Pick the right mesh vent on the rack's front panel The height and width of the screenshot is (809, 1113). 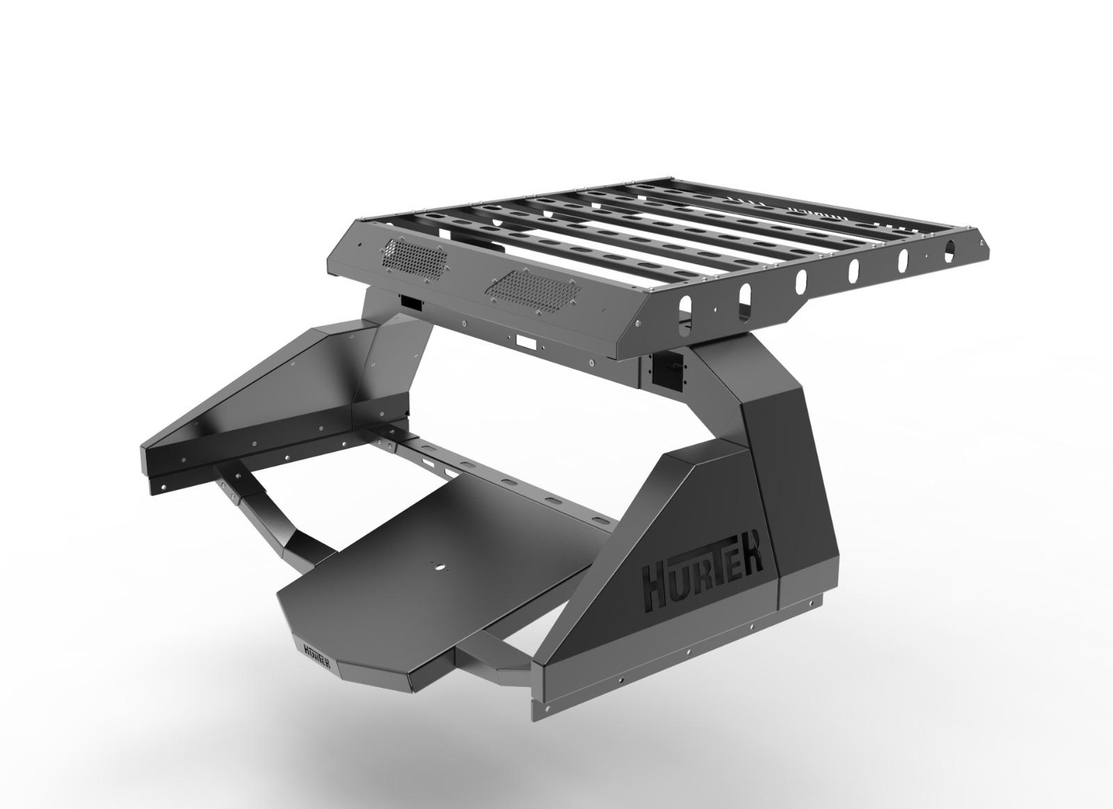click(533, 292)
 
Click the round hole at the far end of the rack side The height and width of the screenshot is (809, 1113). click(950, 248)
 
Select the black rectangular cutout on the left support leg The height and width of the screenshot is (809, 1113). click(411, 303)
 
